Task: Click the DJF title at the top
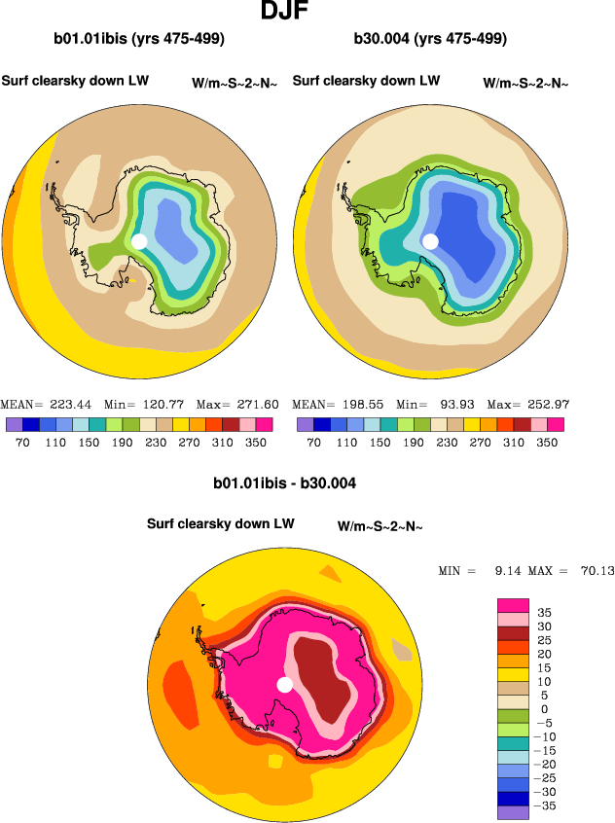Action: tap(286, 13)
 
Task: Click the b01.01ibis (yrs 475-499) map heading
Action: tap(140, 40)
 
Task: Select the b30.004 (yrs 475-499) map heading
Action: tap(431, 40)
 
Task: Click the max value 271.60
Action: tap(257, 404)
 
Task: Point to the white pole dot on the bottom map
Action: tap(284, 685)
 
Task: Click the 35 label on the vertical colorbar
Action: tap(545, 613)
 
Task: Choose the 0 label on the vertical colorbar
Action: tap(545, 709)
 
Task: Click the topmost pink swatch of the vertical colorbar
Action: tap(513, 605)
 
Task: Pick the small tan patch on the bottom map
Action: tap(402, 650)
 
